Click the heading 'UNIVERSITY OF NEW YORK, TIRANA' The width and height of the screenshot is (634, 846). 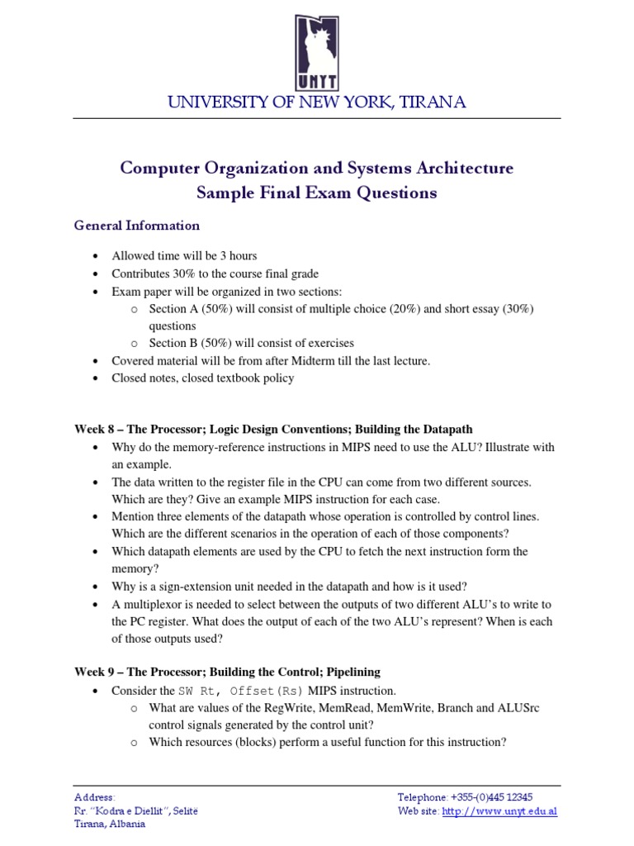tap(317, 102)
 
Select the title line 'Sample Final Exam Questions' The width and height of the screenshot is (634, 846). tap(316, 193)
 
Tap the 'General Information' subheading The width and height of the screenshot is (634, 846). tap(137, 226)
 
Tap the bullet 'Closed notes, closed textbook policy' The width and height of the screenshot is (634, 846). tap(203, 378)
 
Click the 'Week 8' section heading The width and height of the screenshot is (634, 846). tap(273, 430)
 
